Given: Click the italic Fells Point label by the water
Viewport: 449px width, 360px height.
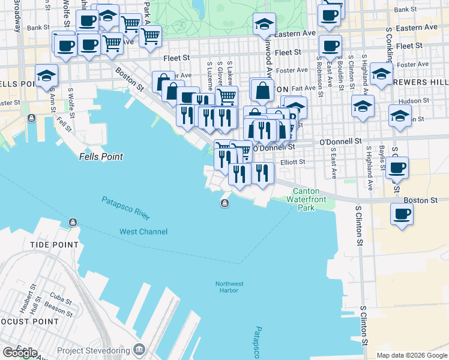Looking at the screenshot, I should pyautogui.click(x=101, y=157).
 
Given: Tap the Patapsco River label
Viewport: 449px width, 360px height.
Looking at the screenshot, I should pyautogui.click(x=125, y=208).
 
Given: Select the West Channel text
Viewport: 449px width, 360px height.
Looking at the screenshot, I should pyautogui.click(x=143, y=232).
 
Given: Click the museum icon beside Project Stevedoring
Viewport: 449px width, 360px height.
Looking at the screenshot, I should pyautogui.click(x=139, y=349).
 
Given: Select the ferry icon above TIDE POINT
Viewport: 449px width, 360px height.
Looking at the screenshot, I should pyautogui.click(x=73, y=223).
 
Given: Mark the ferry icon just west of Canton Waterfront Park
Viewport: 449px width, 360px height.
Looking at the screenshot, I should pyautogui.click(x=224, y=204).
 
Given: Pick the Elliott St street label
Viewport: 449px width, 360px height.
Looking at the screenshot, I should pyautogui.click(x=294, y=161).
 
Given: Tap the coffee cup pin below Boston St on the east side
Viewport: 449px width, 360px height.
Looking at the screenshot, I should pyautogui.click(x=402, y=213).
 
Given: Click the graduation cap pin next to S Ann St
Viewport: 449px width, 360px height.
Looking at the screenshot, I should pyautogui.click(x=46, y=76).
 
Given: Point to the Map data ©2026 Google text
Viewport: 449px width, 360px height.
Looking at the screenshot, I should pyautogui.click(x=412, y=355).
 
